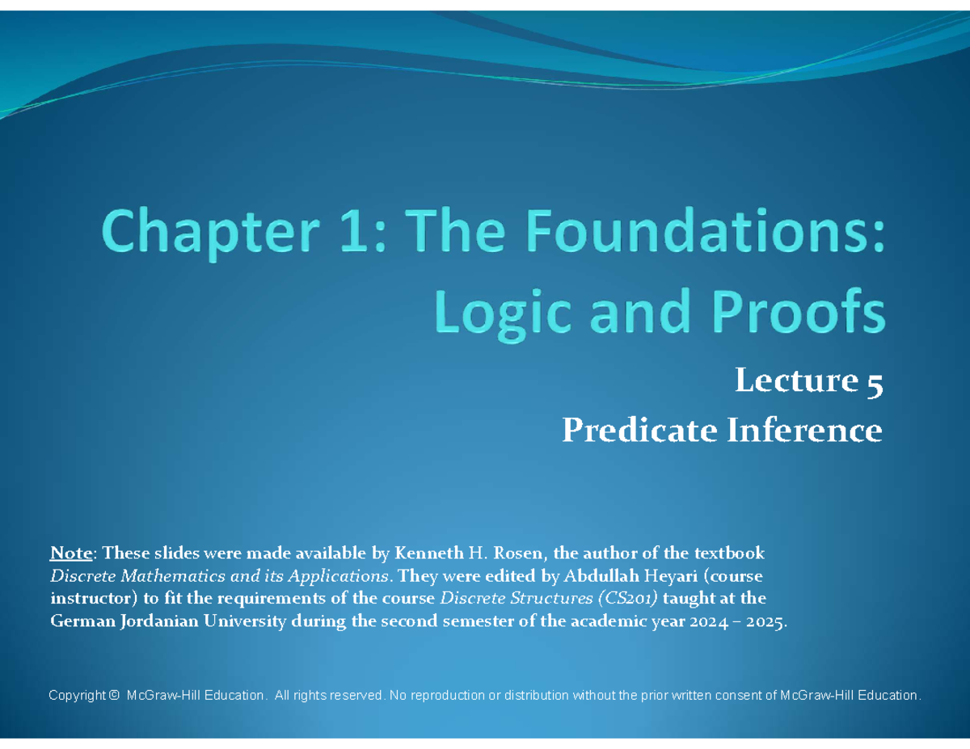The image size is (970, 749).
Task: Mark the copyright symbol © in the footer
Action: tap(114, 696)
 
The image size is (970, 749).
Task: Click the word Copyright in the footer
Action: tap(77, 696)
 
